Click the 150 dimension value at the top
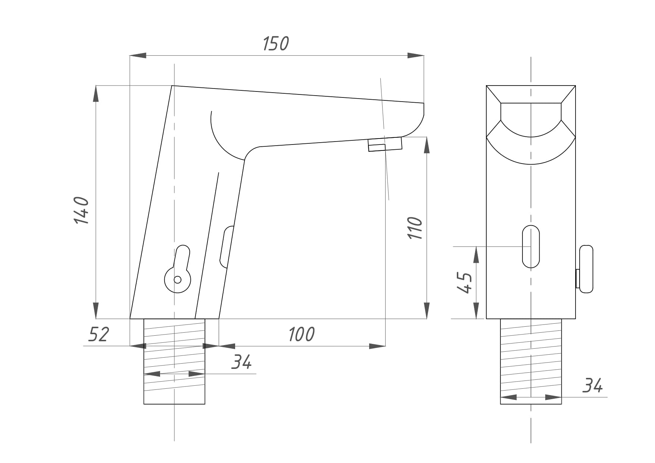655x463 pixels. coord(276,44)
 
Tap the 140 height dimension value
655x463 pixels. coord(82,210)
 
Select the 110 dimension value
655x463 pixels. coord(415,228)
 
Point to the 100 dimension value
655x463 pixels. coord(302,334)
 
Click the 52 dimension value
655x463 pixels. coord(99,334)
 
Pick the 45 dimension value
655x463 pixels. coord(465,283)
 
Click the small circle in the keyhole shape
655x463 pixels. coord(178,279)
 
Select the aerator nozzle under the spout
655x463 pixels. coord(385,144)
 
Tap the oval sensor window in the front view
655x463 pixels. coord(531,246)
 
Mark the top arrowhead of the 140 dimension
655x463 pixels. coord(96,94)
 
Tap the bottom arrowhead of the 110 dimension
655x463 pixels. coord(427,311)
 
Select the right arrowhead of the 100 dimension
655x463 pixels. coord(377,346)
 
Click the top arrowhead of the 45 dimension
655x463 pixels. coord(476,255)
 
